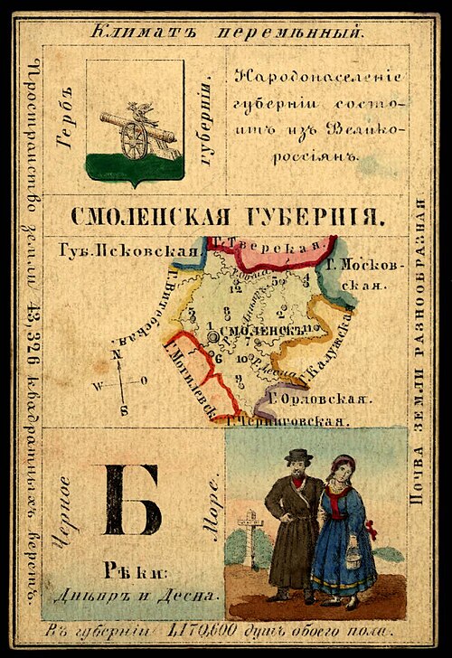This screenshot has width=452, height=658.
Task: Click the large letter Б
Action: pos(131,500)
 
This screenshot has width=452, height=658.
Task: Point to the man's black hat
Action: pos(297,456)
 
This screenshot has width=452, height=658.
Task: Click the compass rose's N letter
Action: pos(117,355)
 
